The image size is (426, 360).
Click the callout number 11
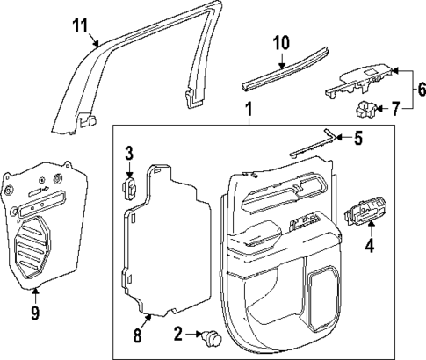click(80, 25)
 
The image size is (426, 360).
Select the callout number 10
click(280, 41)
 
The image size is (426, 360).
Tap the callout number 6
click(419, 89)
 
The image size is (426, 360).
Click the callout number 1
click(249, 112)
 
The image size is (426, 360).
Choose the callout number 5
click(357, 137)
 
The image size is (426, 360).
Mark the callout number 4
click(369, 247)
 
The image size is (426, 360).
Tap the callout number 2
click(178, 333)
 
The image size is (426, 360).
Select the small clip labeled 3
click(128, 188)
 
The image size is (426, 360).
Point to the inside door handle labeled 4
click(367, 213)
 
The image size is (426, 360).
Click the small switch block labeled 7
click(366, 110)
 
